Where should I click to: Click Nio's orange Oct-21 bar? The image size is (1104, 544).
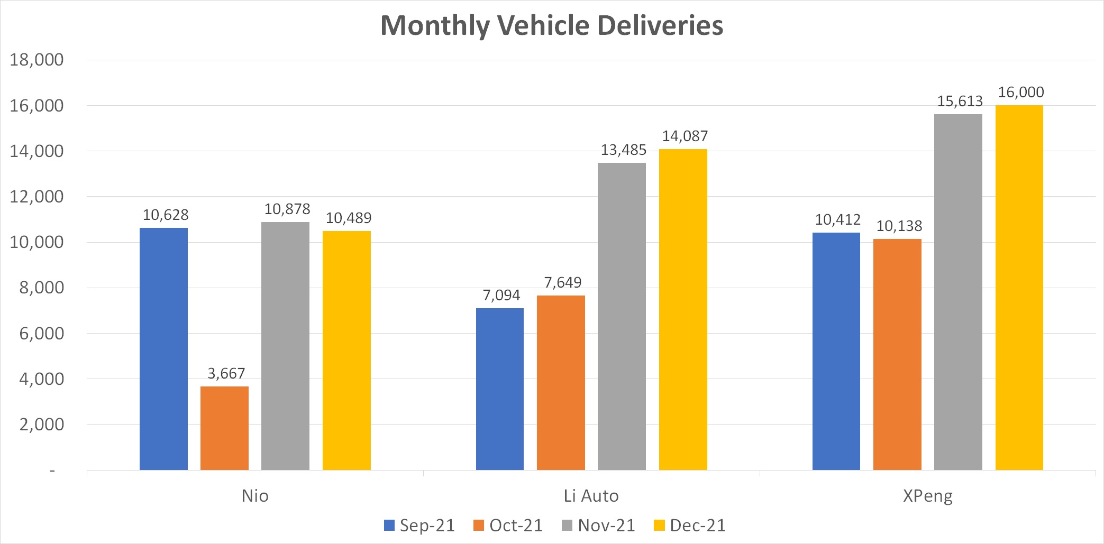pos(224,428)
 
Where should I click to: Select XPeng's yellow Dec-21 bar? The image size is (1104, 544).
pos(1019,288)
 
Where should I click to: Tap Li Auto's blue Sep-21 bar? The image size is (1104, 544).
pos(499,389)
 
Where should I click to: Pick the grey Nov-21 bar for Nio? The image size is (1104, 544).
pos(285,346)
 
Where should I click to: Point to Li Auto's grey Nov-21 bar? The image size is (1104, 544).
pos(622,316)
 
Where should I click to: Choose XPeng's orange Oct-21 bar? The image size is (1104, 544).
pos(897,354)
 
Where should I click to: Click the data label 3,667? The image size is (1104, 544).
pos(226,374)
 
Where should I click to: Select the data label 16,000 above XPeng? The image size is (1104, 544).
pos(1020,93)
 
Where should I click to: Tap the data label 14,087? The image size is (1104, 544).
pos(685,136)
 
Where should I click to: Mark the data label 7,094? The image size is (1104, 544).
pos(501,296)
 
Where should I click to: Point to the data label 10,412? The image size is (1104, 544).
pos(837,220)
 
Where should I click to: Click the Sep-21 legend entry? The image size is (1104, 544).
pos(419,525)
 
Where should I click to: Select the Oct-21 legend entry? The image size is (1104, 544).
pos(508,525)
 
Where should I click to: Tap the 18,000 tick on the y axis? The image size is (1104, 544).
pos(37,60)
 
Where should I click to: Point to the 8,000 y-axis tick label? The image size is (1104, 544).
pos(41,288)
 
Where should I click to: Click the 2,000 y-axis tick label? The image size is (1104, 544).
pos(41,425)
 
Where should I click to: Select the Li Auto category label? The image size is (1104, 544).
pos(591,496)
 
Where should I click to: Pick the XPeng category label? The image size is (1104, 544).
pos(927,496)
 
